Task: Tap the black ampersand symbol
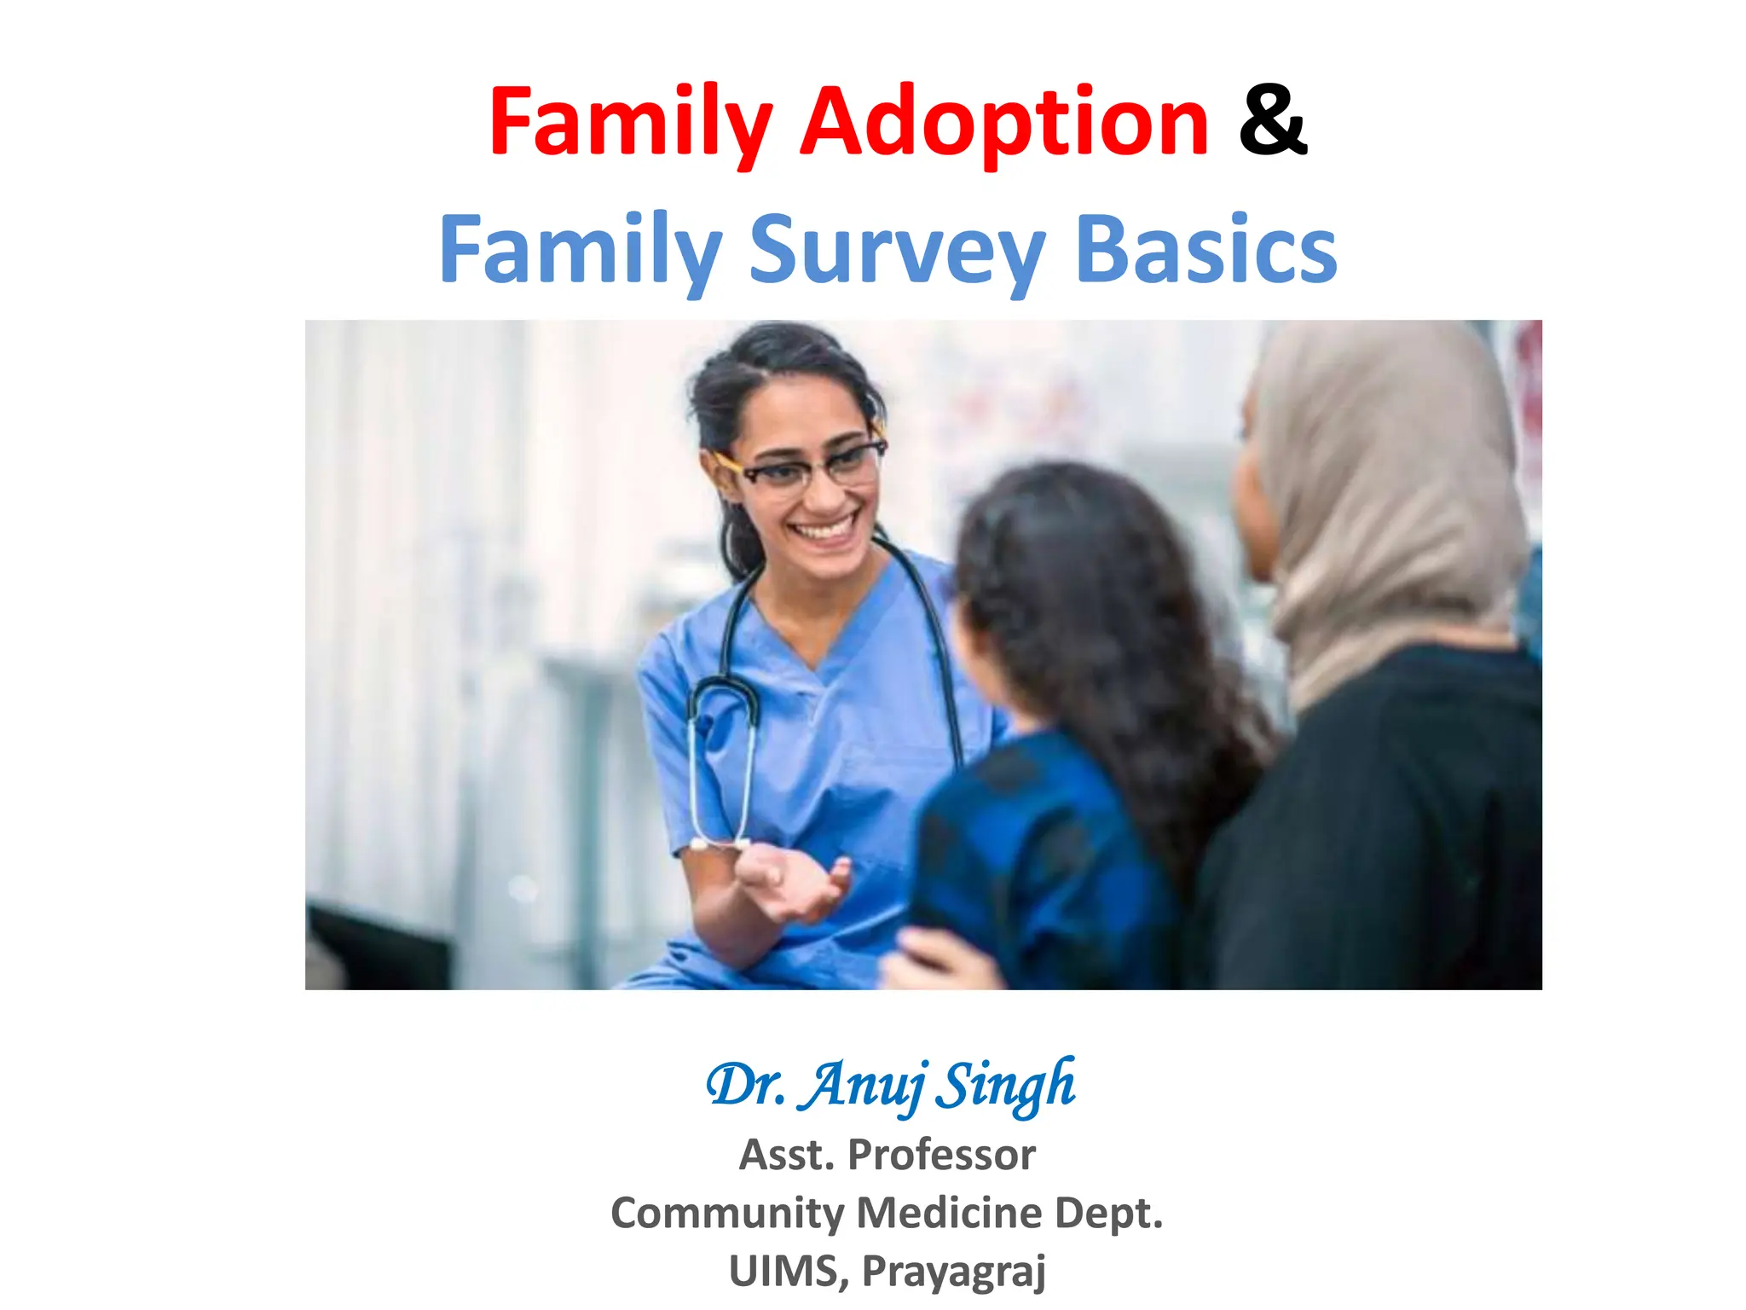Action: point(1272,121)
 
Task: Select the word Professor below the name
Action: point(941,1155)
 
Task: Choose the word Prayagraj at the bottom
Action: point(953,1271)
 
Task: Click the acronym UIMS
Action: point(784,1271)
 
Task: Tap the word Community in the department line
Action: point(726,1212)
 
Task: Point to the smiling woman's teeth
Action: point(824,529)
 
